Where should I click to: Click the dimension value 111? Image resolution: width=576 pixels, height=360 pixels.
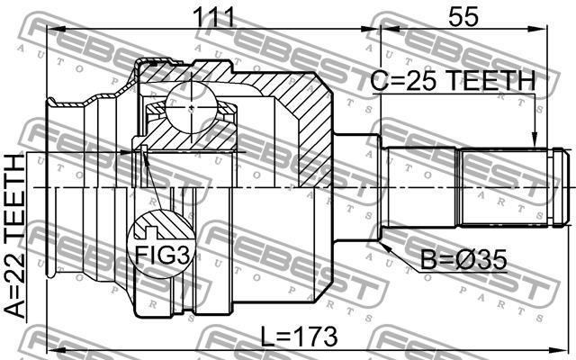213,16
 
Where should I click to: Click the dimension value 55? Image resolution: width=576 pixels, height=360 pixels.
463,16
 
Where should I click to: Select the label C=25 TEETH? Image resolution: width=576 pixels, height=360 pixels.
453,81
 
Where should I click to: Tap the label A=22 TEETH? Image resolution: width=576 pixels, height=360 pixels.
15,236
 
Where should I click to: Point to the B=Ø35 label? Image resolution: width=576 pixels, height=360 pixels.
463,260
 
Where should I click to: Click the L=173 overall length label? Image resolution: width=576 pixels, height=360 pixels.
299,337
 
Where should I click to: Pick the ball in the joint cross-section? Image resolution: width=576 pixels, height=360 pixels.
190,106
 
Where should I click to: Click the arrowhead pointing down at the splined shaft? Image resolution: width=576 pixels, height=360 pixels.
535,139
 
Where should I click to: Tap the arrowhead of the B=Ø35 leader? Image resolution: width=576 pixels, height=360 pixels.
385,246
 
